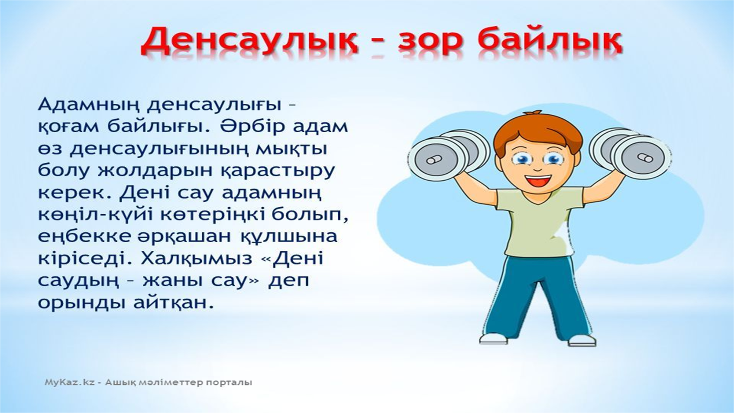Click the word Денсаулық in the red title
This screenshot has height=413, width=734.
point(249,42)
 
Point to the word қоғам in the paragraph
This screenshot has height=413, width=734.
point(69,128)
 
